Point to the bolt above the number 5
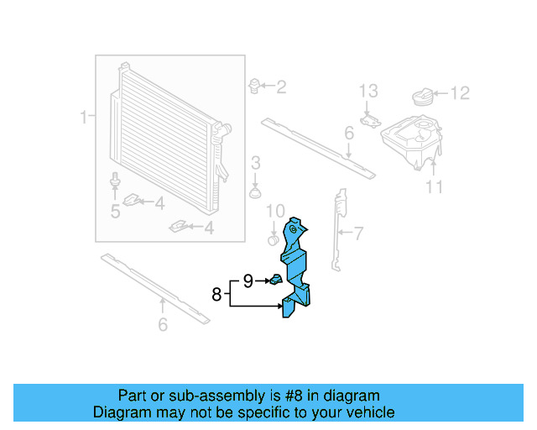click(x=114, y=181)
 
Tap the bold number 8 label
click(x=216, y=294)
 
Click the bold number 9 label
click(x=248, y=281)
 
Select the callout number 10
click(x=276, y=210)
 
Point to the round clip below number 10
click(x=272, y=239)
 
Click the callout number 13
click(x=369, y=91)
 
